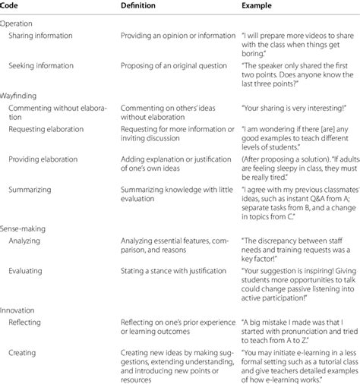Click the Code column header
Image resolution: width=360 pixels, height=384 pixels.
[x=11, y=6]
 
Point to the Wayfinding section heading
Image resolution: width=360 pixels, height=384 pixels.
[x=21, y=96]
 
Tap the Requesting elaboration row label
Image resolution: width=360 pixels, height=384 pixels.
[x=48, y=129]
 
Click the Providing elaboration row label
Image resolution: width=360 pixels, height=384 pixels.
[x=46, y=155]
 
